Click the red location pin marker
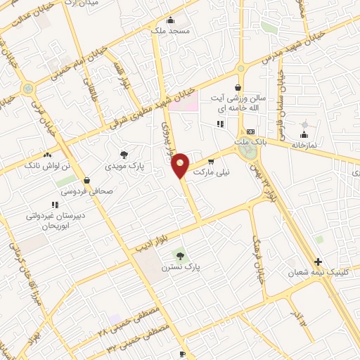pyautogui.click(x=181, y=166)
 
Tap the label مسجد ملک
pyautogui.click(x=167, y=31)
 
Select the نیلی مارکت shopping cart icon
pyautogui.click(x=211, y=162)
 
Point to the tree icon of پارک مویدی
pyautogui.click(x=124, y=155)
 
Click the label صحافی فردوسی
pyautogui.click(x=86, y=190)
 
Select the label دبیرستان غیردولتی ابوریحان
pyautogui.click(x=55, y=221)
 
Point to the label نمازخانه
pyautogui.click(x=304, y=143)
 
